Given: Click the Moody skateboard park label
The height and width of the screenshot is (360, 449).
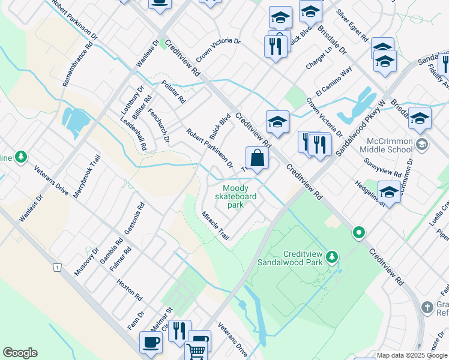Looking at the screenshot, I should pyautogui.click(x=237, y=196).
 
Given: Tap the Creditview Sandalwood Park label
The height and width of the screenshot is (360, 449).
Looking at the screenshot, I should pyautogui.click(x=291, y=257).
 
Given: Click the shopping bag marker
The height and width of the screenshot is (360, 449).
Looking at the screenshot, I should pyautogui.click(x=257, y=158).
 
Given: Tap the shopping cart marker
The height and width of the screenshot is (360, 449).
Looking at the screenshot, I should pyautogui.click(x=196, y=351).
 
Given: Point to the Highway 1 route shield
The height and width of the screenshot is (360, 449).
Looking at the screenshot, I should pyautogui.click(x=56, y=267).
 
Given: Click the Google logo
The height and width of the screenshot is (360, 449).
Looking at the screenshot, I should pyautogui.click(x=20, y=353).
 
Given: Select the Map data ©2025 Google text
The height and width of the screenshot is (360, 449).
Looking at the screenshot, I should pyautogui.click(x=411, y=355).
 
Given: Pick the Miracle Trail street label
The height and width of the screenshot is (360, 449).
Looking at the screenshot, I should pyautogui.click(x=215, y=226).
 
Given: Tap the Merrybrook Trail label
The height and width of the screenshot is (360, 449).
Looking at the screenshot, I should pyautogui.click(x=85, y=178).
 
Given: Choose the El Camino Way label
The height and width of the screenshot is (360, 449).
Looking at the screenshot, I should pyautogui.click(x=337, y=82).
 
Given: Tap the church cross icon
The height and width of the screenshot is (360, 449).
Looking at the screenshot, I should pyautogui.click(x=427, y=307).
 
